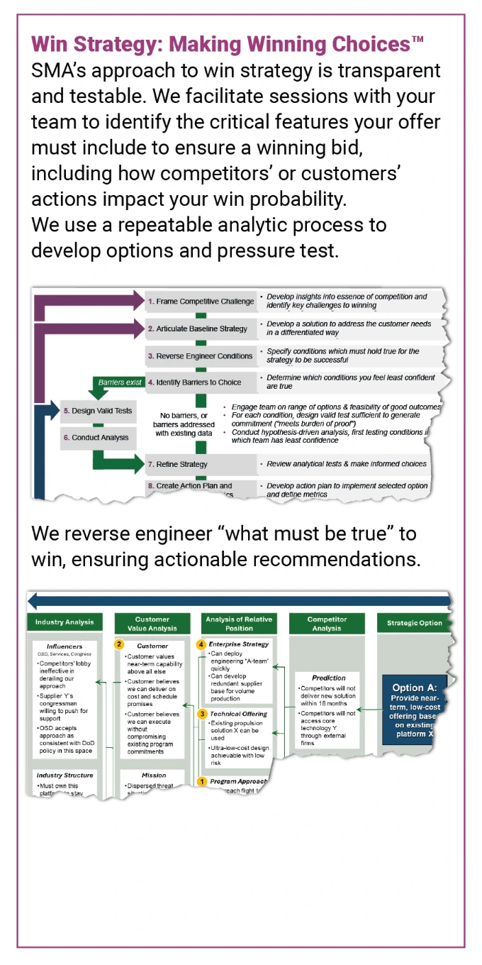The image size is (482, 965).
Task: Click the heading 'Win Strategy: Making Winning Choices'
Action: click(x=228, y=45)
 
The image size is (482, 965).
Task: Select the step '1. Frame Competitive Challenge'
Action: click(x=200, y=302)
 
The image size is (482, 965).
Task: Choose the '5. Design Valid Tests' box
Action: click(x=97, y=411)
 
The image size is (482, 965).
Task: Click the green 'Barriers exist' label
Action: click(x=120, y=382)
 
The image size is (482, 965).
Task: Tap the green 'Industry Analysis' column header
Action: click(x=65, y=622)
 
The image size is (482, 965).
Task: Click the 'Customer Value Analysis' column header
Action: click(x=152, y=623)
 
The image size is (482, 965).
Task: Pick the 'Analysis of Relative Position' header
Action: click(x=239, y=623)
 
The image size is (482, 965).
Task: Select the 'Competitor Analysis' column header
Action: click(x=327, y=623)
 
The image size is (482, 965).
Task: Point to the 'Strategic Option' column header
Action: click(x=415, y=623)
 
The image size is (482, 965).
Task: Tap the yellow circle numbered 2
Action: click(x=120, y=645)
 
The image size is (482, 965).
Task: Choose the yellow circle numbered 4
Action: click(x=202, y=644)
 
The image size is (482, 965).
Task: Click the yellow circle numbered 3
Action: click(x=202, y=713)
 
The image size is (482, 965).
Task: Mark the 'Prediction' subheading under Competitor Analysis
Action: click(x=329, y=678)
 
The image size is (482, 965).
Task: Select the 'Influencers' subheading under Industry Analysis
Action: click(x=65, y=646)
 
